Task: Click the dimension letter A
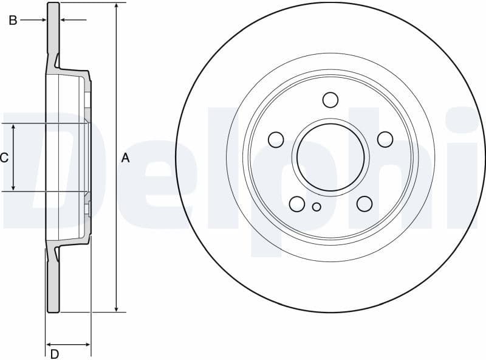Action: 125,158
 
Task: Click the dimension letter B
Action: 13,21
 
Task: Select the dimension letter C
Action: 4,158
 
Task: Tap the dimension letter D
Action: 55,353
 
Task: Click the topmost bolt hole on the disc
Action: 330,100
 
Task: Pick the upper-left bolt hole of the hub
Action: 276,139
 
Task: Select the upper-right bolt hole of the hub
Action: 385,139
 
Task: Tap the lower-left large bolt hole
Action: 297,204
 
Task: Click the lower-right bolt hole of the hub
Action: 364,204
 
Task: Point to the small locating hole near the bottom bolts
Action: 317,207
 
